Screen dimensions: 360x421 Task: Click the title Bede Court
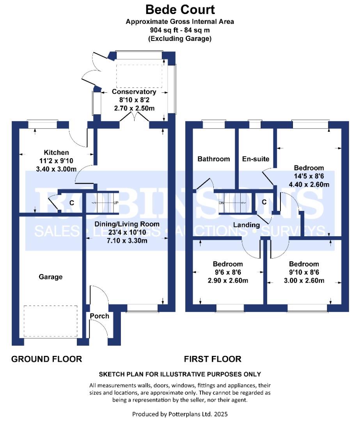(x=180, y=10)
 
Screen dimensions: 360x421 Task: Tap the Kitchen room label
(x=56, y=152)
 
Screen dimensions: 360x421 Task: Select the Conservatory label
(x=134, y=92)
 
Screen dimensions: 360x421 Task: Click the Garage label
(x=50, y=277)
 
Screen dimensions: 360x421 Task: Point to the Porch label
(x=99, y=316)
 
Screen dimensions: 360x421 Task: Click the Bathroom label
(x=214, y=159)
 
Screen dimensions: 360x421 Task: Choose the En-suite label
(x=255, y=159)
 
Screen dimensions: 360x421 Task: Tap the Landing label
(x=247, y=225)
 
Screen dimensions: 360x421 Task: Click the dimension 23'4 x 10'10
(x=127, y=232)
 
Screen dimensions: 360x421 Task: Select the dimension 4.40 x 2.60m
(x=309, y=184)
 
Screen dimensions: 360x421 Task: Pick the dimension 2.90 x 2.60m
(x=228, y=281)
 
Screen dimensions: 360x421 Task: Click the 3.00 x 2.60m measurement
(x=304, y=281)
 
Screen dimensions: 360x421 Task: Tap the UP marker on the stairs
(x=116, y=203)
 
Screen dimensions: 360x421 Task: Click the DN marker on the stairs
(x=222, y=203)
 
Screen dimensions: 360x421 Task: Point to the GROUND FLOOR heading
(x=46, y=359)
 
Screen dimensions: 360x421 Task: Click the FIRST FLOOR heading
(x=213, y=359)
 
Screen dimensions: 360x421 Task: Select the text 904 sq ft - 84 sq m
(x=180, y=30)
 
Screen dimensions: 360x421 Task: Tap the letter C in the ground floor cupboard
(x=72, y=203)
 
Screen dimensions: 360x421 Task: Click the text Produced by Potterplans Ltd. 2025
(x=180, y=414)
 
